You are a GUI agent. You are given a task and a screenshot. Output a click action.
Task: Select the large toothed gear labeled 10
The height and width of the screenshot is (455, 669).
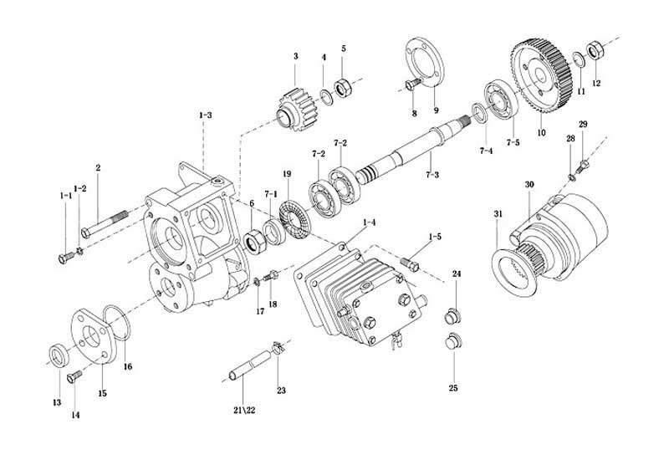point(540,75)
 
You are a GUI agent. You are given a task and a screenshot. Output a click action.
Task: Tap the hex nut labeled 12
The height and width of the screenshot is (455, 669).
point(595,50)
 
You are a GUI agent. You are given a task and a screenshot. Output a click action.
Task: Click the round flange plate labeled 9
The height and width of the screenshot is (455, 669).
point(424,61)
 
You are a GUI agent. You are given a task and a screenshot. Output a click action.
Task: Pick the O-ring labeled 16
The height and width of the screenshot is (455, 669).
point(116,323)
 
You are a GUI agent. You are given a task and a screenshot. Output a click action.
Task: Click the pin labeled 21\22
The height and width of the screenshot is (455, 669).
point(251,365)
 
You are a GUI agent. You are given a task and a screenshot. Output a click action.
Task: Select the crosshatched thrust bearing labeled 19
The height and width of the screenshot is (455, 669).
point(294,218)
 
